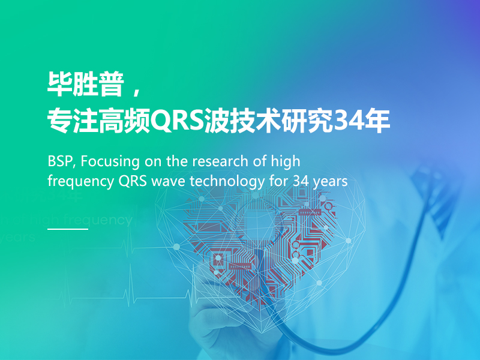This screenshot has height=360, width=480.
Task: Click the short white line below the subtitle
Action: tap(68, 229)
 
